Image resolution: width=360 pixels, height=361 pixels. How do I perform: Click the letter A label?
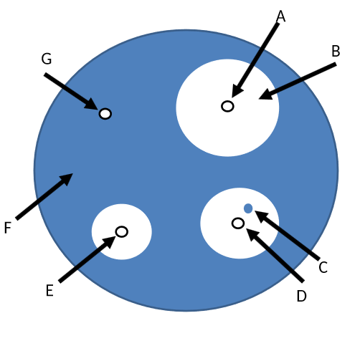click(x=280, y=16)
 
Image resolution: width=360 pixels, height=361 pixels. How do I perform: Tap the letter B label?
click(x=336, y=51)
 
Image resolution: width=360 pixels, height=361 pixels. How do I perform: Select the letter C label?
click(x=323, y=267)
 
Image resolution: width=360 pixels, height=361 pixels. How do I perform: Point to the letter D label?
click(x=301, y=296)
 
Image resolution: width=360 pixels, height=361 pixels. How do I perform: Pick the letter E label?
click(x=49, y=290)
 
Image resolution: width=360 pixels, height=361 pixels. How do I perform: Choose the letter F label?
click(x=8, y=228)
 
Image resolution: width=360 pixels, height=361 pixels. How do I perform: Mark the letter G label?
click(x=46, y=59)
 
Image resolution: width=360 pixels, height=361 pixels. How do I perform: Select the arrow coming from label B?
click(x=298, y=80)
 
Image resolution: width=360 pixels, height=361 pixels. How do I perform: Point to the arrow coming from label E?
click(x=87, y=259)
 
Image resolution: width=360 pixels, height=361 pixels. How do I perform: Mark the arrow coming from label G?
click(x=71, y=91)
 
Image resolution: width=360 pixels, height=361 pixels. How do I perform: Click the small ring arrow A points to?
click(x=227, y=106)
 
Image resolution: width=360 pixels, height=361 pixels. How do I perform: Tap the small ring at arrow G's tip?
click(x=105, y=113)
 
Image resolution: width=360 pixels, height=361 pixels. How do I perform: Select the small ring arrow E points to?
click(x=122, y=231)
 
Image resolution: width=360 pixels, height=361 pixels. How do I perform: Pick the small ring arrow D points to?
click(x=238, y=223)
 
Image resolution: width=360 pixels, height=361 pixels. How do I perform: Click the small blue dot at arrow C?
click(x=248, y=208)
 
